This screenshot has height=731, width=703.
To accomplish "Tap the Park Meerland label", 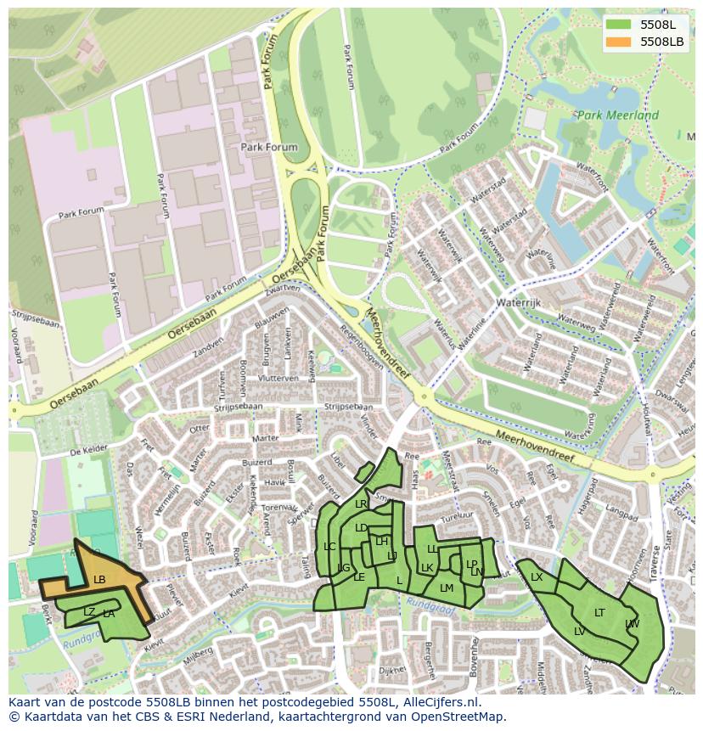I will [617, 115].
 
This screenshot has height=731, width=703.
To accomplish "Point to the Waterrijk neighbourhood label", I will [519, 301].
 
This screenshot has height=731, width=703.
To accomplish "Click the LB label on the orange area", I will [99, 580].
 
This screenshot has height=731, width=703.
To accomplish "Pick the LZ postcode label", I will [89, 611].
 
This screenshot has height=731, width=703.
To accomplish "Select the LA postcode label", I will [109, 614].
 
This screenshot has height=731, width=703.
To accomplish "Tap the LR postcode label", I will [361, 503].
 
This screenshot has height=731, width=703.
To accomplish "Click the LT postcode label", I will [599, 612].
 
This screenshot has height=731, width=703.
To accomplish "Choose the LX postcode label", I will [537, 577].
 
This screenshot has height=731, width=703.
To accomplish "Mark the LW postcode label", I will [632, 624].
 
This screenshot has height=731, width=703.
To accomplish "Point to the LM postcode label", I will [447, 588].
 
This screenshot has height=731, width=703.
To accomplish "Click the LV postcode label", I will [579, 631].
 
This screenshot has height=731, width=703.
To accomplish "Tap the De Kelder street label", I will [87, 453].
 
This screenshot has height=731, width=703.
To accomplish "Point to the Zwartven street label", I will [282, 290].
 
